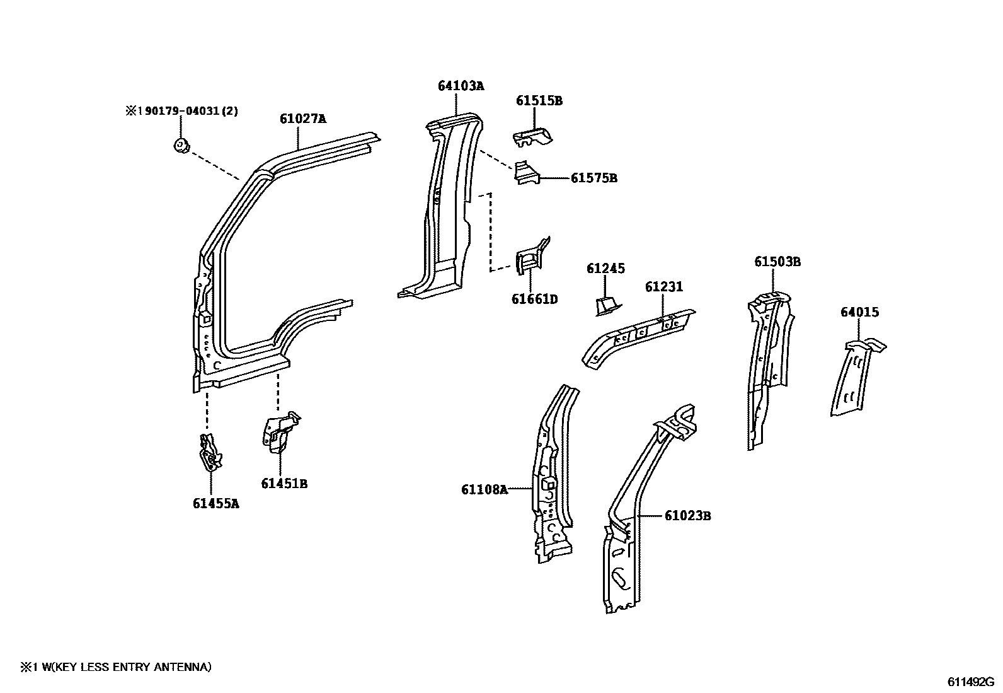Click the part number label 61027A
coord(302,119)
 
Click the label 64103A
coord(461,86)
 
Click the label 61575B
coord(593,178)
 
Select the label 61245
coord(605,269)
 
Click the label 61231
coord(663,287)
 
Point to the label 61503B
coord(777,262)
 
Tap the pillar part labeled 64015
coord(854,378)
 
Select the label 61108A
coord(483,489)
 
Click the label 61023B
coord(687,516)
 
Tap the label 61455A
coord(215,504)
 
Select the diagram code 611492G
coord(971,682)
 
